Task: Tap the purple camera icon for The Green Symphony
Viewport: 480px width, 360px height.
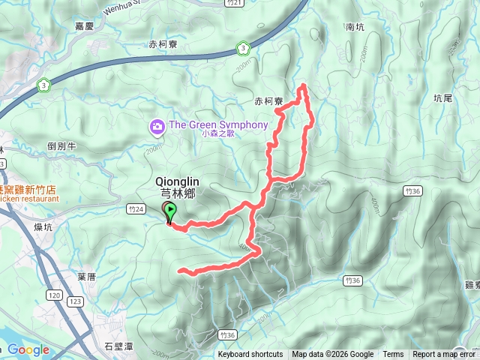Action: tap(157, 125)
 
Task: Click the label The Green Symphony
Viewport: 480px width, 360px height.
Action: tap(217, 124)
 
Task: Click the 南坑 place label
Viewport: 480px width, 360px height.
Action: tap(355, 27)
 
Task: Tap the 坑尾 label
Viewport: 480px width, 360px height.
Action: tap(443, 97)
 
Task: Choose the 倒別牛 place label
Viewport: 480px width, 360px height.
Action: tap(62, 146)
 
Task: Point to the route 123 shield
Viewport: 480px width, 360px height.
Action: tap(75, 300)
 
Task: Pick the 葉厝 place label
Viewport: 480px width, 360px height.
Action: tap(86, 276)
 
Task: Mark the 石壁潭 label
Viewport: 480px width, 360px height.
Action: tap(118, 346)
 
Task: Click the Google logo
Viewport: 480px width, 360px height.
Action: tap(28, 349)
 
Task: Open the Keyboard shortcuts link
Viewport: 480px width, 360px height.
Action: tap(250, 355)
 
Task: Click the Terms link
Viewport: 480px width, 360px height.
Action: tap(393, 355)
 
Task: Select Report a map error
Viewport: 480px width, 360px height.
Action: tap(444, 355)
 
